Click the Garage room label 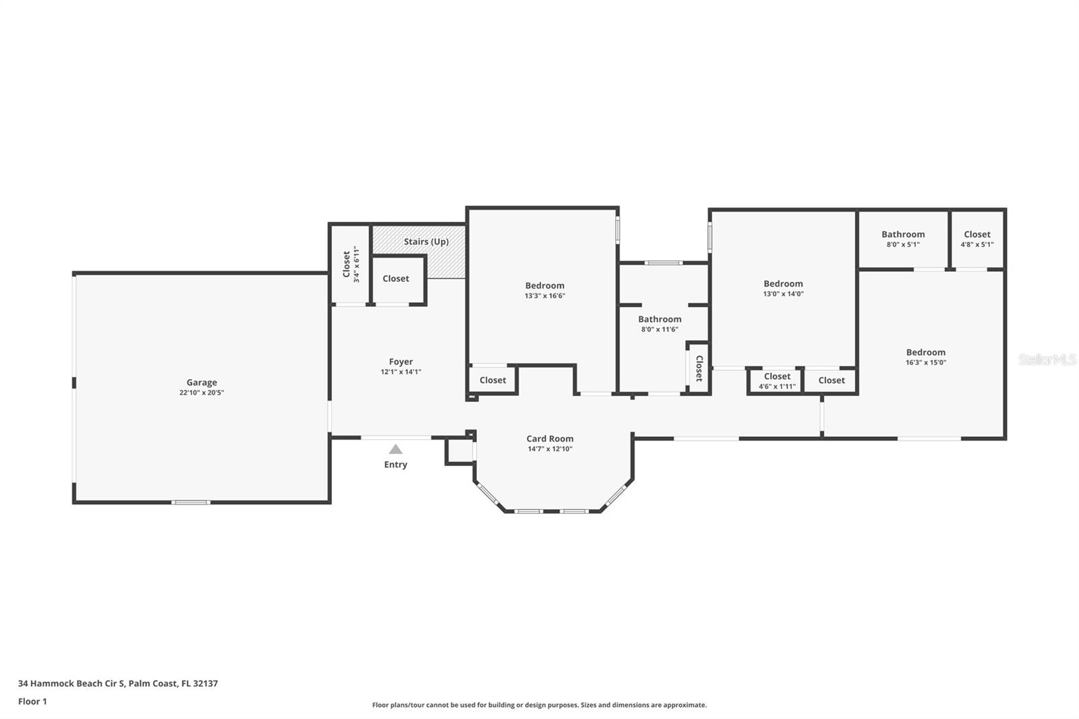tap(202, 382)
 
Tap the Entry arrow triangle tap(396, 449)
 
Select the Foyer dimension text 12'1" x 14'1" tap(401, 372)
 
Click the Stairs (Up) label tap(426, 241)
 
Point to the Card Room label tap(550, 438)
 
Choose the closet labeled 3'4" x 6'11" tap(351, 264)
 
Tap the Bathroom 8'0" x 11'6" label tap(660, 319)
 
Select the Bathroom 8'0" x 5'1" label tap(903, 235)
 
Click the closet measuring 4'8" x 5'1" tap(977, 239)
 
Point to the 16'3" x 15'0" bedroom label tap(926, 352)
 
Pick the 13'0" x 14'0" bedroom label tap(783, 284)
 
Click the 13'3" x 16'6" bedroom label tap(545, 286)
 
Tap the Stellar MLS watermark tap(1047, 359)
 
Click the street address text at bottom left tap(118, 683)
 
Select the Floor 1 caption tap(32, 701)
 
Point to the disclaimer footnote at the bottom tap(539, 705)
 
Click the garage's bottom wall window tap(191, 502)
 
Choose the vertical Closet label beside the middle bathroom tap(699, 368)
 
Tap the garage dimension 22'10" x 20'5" tap(202, 393)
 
